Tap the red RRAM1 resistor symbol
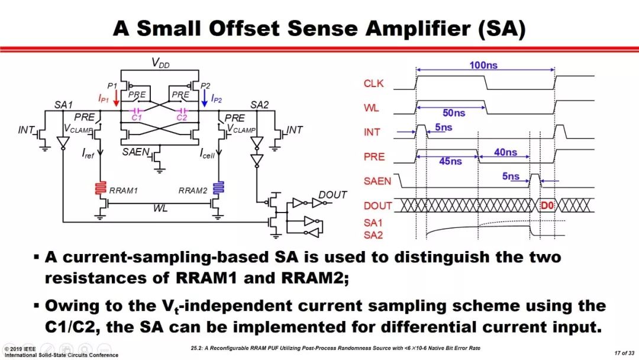99,189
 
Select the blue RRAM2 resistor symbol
219,189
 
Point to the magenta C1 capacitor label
137,118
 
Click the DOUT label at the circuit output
333,195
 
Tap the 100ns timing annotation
483,66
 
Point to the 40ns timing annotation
505,153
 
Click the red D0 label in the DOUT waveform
547,205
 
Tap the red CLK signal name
373,83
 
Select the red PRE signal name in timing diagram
374,157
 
